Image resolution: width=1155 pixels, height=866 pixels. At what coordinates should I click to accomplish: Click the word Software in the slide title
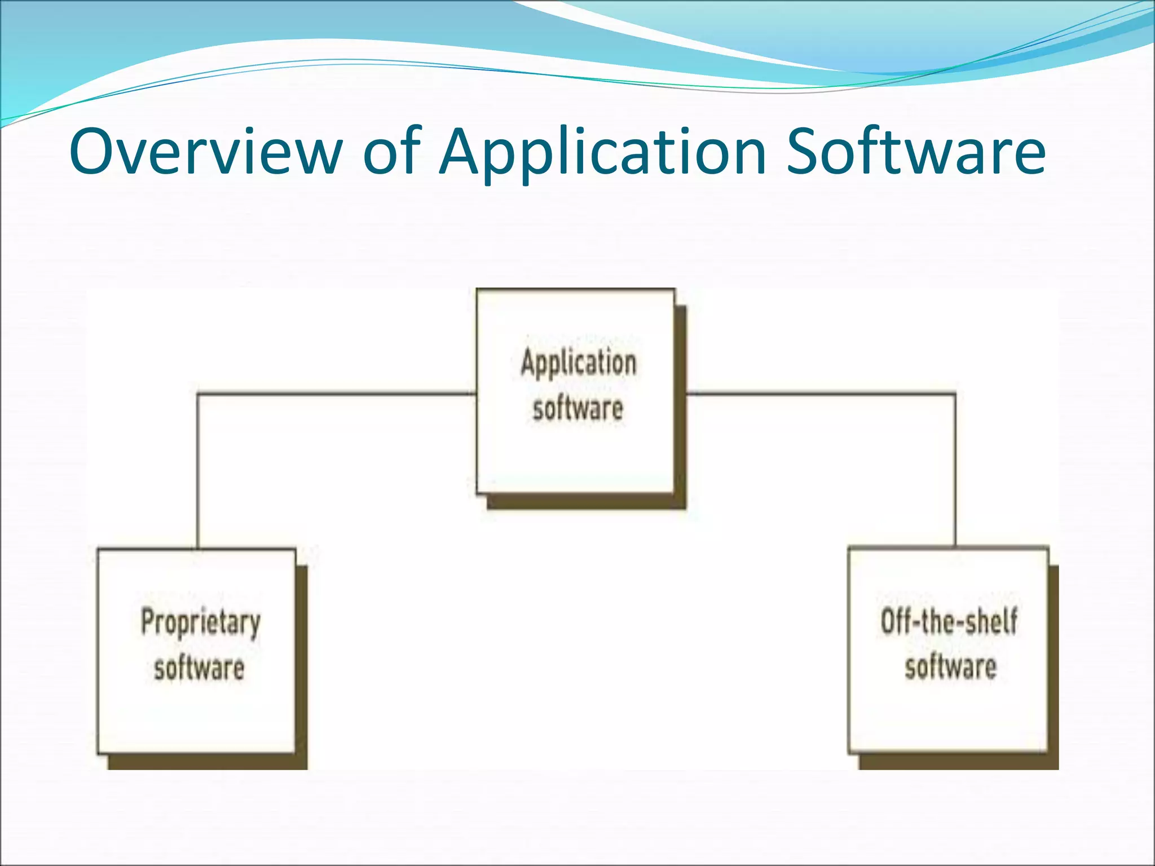916,151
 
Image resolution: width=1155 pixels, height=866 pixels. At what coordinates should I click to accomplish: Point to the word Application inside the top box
579,363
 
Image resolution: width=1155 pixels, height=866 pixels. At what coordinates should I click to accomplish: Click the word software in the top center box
578,408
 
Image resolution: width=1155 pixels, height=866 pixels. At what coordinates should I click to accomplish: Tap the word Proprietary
201,622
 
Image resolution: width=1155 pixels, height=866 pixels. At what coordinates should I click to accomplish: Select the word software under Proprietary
199,668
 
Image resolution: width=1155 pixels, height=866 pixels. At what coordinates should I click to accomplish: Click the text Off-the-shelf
950,621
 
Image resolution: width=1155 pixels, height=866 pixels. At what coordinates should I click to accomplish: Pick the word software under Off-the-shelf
951,667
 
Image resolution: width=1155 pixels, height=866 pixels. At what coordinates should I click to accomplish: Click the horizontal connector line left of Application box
338,394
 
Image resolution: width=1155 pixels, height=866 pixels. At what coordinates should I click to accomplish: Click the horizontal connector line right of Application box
818,393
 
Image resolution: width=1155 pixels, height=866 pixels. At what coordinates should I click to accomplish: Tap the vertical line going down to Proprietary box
197,474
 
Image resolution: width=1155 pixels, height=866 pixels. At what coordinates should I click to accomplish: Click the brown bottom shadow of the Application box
587,502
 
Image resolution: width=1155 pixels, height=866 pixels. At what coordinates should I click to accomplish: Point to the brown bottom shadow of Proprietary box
208,762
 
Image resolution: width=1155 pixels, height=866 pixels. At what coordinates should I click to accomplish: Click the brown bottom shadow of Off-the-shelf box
959,762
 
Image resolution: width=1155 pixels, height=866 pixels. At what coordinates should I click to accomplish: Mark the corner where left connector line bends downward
197,394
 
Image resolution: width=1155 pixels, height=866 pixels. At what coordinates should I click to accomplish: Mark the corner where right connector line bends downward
955,394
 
